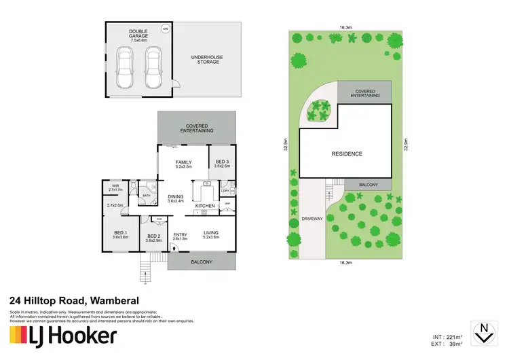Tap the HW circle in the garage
point(164,29)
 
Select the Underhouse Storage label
point(208,58)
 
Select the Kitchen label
point(205,205)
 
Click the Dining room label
point(176,198)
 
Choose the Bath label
point(146,195)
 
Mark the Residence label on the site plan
point(345,154)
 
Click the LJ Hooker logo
point(63,336)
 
